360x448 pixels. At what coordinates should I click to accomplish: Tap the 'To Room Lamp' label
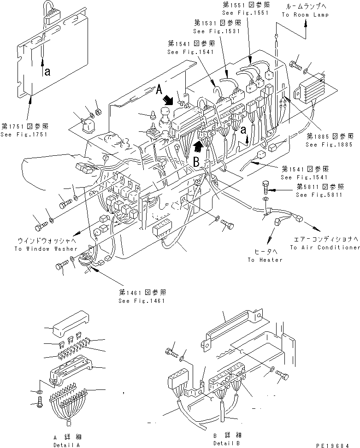[305, 15]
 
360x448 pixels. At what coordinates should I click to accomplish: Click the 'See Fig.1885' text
[329, 144]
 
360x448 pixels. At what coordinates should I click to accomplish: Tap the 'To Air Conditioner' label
[325, 248]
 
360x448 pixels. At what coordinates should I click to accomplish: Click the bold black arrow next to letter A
[170, 99]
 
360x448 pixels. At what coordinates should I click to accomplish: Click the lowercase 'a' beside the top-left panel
[47, 71]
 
